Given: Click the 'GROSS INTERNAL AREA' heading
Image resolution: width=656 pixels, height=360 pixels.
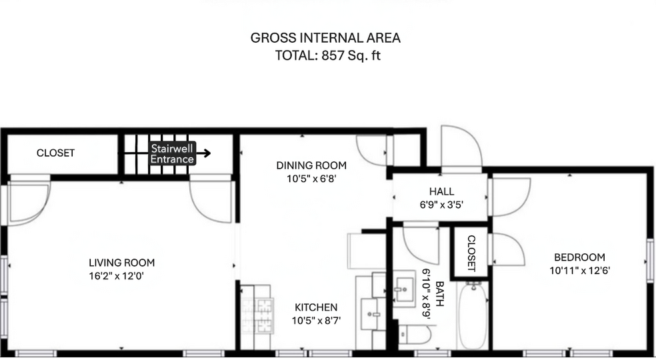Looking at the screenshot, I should pos(325,38).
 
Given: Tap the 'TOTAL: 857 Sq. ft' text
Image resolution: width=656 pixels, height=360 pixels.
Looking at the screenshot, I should pos(327,55).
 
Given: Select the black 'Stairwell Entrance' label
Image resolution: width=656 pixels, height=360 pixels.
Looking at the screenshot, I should pos(173,154).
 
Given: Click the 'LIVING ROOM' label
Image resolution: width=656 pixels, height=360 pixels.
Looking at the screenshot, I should pos(122,263).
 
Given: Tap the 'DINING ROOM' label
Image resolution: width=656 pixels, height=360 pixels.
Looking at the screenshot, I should pos(312,165).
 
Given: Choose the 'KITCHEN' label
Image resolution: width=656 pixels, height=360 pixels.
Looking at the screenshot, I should pos(316,307).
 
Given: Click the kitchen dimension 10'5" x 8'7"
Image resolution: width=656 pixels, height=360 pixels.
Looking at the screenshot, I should pos(316,320).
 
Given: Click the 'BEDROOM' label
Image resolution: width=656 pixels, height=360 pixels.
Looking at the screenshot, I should pos(579,257).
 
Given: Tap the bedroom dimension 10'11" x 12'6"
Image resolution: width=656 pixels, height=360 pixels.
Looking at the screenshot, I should pos(579,271).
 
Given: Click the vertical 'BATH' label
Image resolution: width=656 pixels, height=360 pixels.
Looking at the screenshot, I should pos(439,292).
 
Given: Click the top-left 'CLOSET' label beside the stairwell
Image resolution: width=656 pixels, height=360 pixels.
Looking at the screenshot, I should pos(55,153).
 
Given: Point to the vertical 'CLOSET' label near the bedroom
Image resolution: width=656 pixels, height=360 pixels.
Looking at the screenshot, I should pos(471,253).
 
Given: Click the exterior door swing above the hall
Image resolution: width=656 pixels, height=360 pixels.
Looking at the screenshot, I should pos(461,148).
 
